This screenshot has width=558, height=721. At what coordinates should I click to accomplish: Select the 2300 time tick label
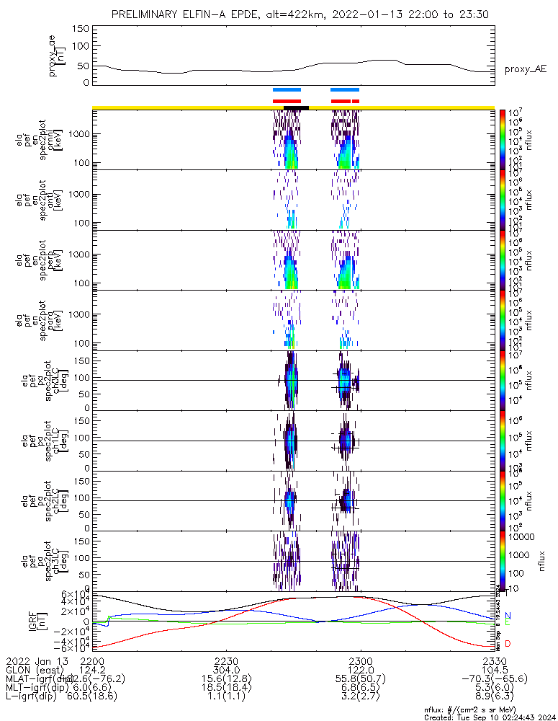coord(360,660)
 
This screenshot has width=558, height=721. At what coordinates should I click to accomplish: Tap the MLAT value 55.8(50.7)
coord(360,679)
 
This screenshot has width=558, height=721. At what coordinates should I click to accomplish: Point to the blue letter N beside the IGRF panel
coord(508,615)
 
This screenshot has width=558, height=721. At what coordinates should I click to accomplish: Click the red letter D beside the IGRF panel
coord(508,643)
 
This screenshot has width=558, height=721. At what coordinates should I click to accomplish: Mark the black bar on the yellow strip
coord(296,107)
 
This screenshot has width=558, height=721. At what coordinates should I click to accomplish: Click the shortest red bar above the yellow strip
coord(356,101)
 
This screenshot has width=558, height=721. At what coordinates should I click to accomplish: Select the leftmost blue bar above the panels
coord(287,89)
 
